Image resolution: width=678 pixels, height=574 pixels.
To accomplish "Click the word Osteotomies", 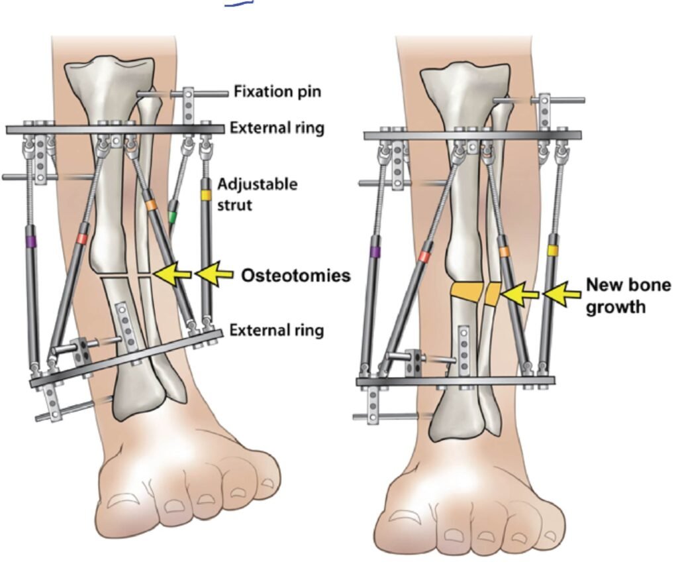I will tap(295, 276).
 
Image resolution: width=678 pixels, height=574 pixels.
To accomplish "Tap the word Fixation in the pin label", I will tap(259, 92).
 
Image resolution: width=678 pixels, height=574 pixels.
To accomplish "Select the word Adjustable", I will tap(258, 184).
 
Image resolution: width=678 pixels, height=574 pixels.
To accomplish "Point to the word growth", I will tap(616, 307).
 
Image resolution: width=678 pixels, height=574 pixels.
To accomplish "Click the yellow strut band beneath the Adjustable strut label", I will tap(206, 196).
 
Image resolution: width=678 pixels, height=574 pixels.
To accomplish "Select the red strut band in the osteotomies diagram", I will tap(82, 237).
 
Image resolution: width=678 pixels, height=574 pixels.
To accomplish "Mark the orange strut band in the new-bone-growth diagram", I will tap(505, 251).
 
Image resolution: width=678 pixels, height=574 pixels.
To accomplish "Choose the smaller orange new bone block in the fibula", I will tap(492, 294).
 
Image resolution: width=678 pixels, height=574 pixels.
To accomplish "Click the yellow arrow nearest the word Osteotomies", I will tap(215, 274).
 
